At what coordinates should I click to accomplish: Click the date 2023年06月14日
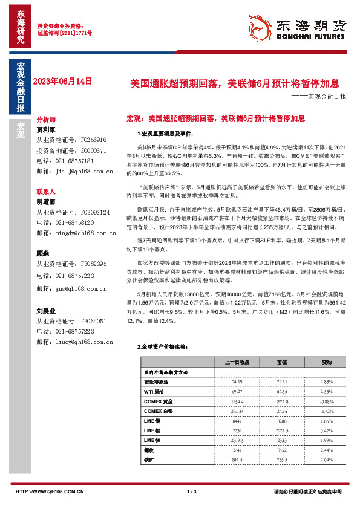coord(64,80)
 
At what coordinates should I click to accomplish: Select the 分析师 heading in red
coord(46,120)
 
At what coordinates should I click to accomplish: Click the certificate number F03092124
coord(88,213)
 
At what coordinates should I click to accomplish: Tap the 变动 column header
coord(327,362)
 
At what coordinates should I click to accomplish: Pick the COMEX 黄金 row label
coord(158,401)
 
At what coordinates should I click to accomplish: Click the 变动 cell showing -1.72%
coord(327,411)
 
